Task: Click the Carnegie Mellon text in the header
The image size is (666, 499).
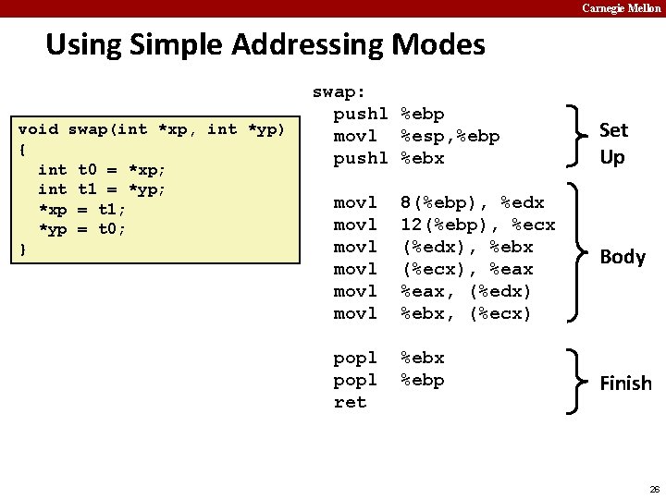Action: pyautogui.click(x=621, y=8)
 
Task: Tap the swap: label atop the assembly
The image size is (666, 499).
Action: pyautogui.click(x=339, y=91)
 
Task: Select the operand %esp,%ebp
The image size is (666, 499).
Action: pyautogui.click(x=450, y=136)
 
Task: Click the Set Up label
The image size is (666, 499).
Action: pyautogui.click(x=612, y=143)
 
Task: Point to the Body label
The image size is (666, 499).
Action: pyautogui.click(x=623, y=257)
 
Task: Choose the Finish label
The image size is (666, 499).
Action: pyautogui.click(x=625, y=383)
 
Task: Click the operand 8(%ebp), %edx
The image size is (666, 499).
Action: pyautogui.click(x=472, y=202)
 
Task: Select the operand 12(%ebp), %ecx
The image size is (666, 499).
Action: pyautogui.click(x=477, y=225)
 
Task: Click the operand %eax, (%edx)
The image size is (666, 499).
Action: pyautogui.click(x=466, y=291)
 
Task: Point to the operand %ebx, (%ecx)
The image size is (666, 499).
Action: pyautogui.click(x=466, y=313)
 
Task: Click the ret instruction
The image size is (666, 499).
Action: pyautogui.click(x=350, y=402)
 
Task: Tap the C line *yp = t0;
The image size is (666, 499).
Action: pyautogui.click(x=83, y=228)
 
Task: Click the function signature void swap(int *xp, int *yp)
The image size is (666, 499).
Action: pyautogui.click(x=153, y=128)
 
